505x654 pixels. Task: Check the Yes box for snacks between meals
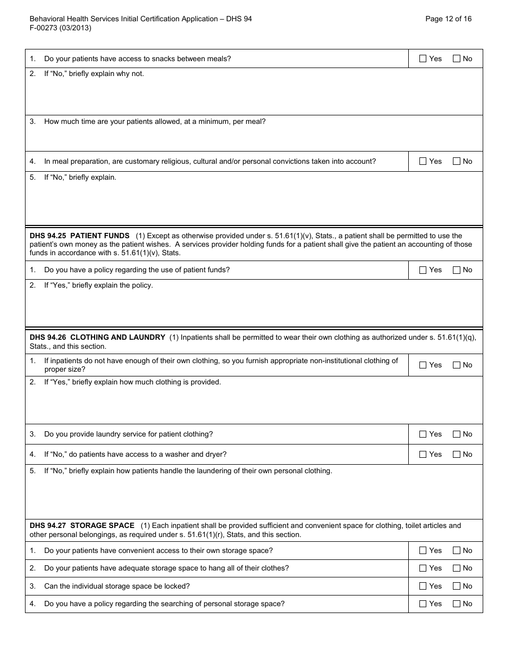(423, 59)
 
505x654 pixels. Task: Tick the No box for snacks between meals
(456, 59)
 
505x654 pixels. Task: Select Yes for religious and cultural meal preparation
(423, 162)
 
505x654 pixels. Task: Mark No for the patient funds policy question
(456, 270)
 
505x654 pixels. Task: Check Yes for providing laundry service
(423, 434)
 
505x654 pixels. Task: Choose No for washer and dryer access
(456, 455)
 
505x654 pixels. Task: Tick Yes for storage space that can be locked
(423, 586)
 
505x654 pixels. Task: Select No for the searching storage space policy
(456, 604)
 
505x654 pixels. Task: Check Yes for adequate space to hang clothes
(423, 568)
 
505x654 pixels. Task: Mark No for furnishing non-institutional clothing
(456, 365)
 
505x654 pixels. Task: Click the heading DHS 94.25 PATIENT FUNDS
(80, 236)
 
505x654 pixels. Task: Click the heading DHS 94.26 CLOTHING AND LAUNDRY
(97, 338)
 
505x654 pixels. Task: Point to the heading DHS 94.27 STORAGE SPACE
(82, 525)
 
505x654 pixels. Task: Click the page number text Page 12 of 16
(448, 19)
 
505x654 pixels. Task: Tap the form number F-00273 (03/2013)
(60, 28)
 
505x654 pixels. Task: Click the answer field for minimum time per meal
(254, 138)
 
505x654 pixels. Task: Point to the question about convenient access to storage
(158, 551)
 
